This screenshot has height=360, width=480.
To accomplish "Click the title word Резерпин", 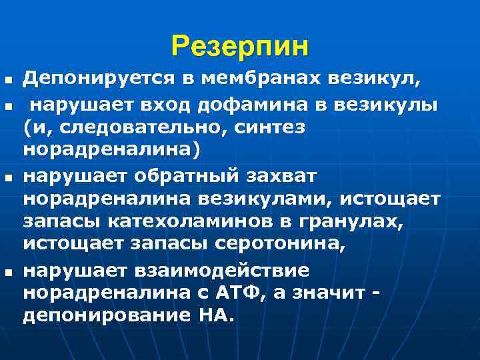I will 240,47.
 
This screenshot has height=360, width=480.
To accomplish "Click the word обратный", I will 180,175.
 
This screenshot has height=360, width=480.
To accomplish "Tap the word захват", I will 272,175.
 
